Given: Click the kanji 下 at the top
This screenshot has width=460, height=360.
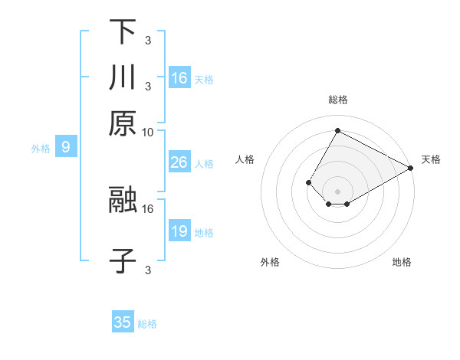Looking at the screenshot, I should (123, 31).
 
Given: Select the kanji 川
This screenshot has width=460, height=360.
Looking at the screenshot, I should (123, 77).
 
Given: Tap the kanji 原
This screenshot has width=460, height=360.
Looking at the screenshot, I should (123, 123).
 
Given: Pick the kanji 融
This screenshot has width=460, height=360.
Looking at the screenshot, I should (123, 199).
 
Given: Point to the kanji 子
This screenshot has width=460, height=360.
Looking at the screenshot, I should (123, 260).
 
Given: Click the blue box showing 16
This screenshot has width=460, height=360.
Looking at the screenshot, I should (179, 77).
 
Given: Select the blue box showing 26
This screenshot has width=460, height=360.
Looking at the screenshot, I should (179, 162).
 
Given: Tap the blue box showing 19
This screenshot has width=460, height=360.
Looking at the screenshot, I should (179, 231).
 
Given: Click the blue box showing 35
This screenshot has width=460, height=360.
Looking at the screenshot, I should (123, 322).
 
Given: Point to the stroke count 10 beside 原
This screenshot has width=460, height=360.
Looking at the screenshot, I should (148, 132).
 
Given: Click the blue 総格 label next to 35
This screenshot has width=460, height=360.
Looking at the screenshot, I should (147, 324).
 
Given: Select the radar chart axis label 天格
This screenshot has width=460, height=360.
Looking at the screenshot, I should (431, 159).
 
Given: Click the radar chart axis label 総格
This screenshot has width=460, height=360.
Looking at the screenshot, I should (337, 100).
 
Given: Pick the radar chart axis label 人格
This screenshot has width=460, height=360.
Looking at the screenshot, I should (245, 159).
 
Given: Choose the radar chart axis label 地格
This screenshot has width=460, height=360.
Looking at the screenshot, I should (402, 263).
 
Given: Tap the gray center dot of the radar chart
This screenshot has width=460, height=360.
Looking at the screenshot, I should (337, 191).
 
